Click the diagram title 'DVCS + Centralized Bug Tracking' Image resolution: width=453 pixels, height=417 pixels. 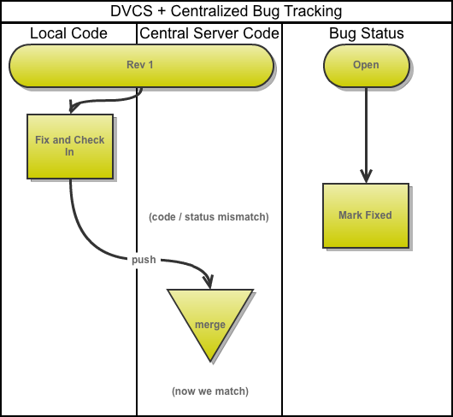pyautogui.click(x=226, y=11)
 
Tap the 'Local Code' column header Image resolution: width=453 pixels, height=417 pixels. pyautogui.click(x=68, y=33)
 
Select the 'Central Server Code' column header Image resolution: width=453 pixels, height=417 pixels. pyautogui.click(x=209, y=33)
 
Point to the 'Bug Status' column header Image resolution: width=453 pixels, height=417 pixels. pyautogui.click(x=367, y=33)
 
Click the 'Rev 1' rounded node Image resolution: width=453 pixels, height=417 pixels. pyautogui.click(x=141, y=66)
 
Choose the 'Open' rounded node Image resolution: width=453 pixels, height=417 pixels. pyautogui.click(x=367, y=66)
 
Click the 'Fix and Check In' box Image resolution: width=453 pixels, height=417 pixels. pyautogui.click(x=70, y=146)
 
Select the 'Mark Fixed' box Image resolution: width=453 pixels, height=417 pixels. pyautogui.click(x=366, y=215)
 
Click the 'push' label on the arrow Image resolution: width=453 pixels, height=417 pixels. pyautogui.click(x=144, y=260)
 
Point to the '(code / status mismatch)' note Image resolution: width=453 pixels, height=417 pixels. pyautogui.click(x=209, y=217)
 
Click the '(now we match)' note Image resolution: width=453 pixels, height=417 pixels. pyautogui.click(x=210, y=391)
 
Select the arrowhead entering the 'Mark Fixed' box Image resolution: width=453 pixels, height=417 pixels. pyautogui.click(x=366, y=176)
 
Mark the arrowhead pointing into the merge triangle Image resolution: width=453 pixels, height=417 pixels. pyautogui.click(x=209, y=282)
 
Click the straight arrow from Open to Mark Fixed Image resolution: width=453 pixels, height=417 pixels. pyautogui.click(x=366, y=135)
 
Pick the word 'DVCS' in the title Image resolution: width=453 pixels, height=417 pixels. pyautogui.click(x=132, y=11)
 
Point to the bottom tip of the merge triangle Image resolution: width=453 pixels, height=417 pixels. pyautogui.click(x=210, y=361)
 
